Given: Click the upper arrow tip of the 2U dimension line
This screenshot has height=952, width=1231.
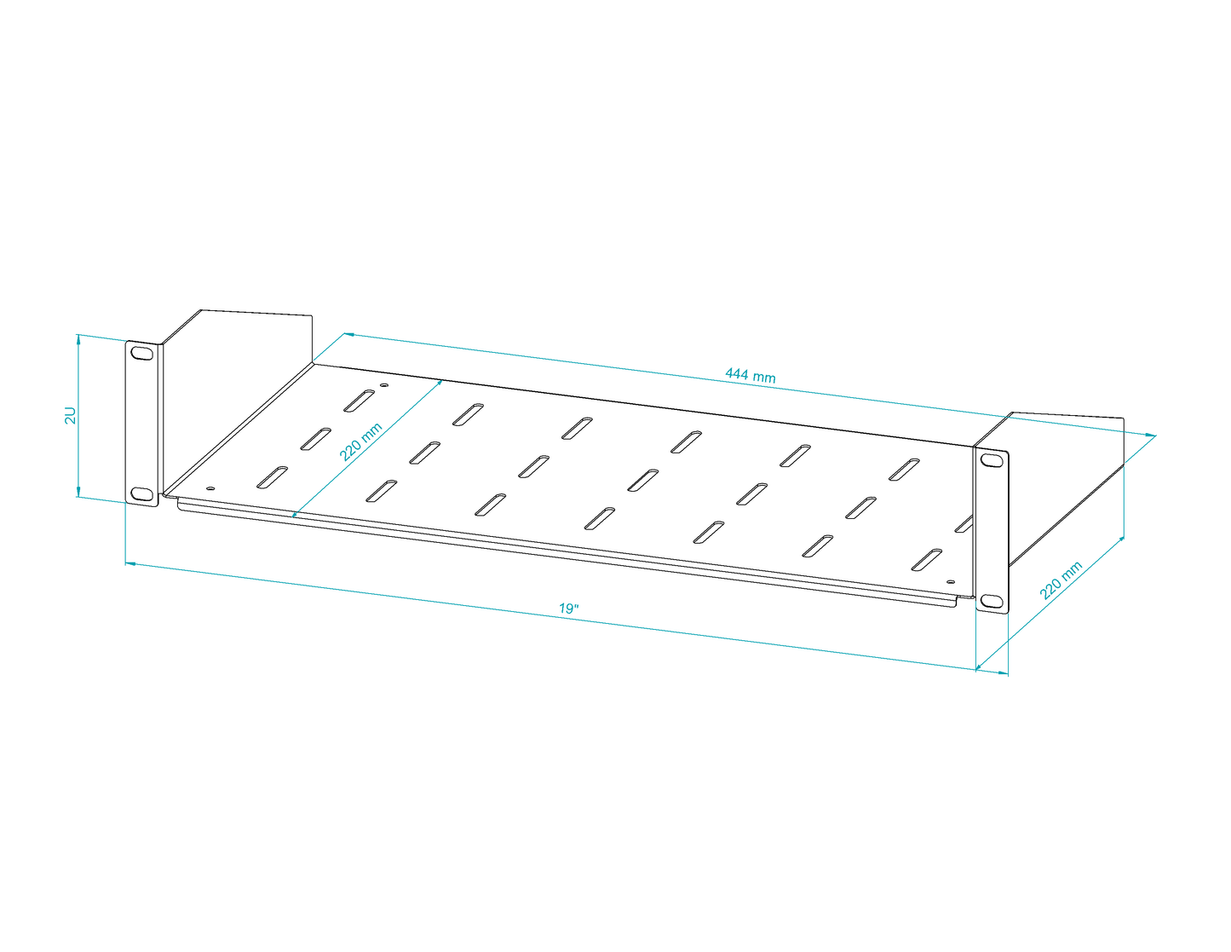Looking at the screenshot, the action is (78, 334).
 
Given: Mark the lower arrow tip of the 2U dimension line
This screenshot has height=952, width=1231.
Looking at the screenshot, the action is (78, 496).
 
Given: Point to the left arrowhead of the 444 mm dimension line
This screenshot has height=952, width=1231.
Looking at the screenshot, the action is (345, 334).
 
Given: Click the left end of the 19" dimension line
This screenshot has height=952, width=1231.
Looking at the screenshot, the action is (125, 563).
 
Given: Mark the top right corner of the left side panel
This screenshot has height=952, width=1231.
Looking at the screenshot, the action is (312, 315).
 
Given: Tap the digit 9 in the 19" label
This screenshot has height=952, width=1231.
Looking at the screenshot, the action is (569, 609).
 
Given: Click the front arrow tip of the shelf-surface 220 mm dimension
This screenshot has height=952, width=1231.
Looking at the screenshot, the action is (292, 517).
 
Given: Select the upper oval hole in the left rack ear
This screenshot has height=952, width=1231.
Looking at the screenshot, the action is (141, 354).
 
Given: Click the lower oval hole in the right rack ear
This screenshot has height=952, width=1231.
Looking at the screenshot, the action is (992, 601).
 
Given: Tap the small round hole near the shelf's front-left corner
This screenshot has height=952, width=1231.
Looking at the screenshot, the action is (210, 488).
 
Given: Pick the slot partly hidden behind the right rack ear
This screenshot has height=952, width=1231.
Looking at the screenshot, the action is (964, 523).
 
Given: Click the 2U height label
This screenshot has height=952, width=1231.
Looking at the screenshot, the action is (70, 415).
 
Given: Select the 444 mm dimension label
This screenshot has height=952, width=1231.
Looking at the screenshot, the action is (751, 375).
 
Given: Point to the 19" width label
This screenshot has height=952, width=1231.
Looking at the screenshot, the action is (569, 609).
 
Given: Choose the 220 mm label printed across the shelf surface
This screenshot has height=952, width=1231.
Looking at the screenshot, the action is (361, 441).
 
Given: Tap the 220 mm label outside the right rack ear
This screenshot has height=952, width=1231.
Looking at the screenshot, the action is (1061, 580).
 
